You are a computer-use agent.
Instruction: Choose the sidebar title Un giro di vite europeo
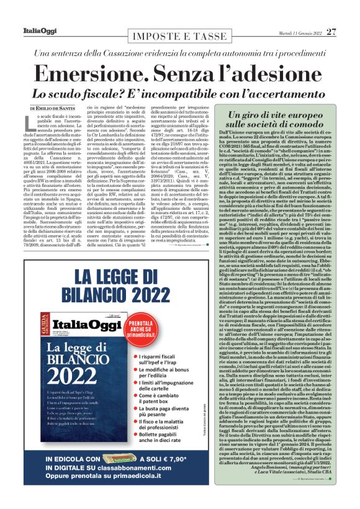coord(281,115)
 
